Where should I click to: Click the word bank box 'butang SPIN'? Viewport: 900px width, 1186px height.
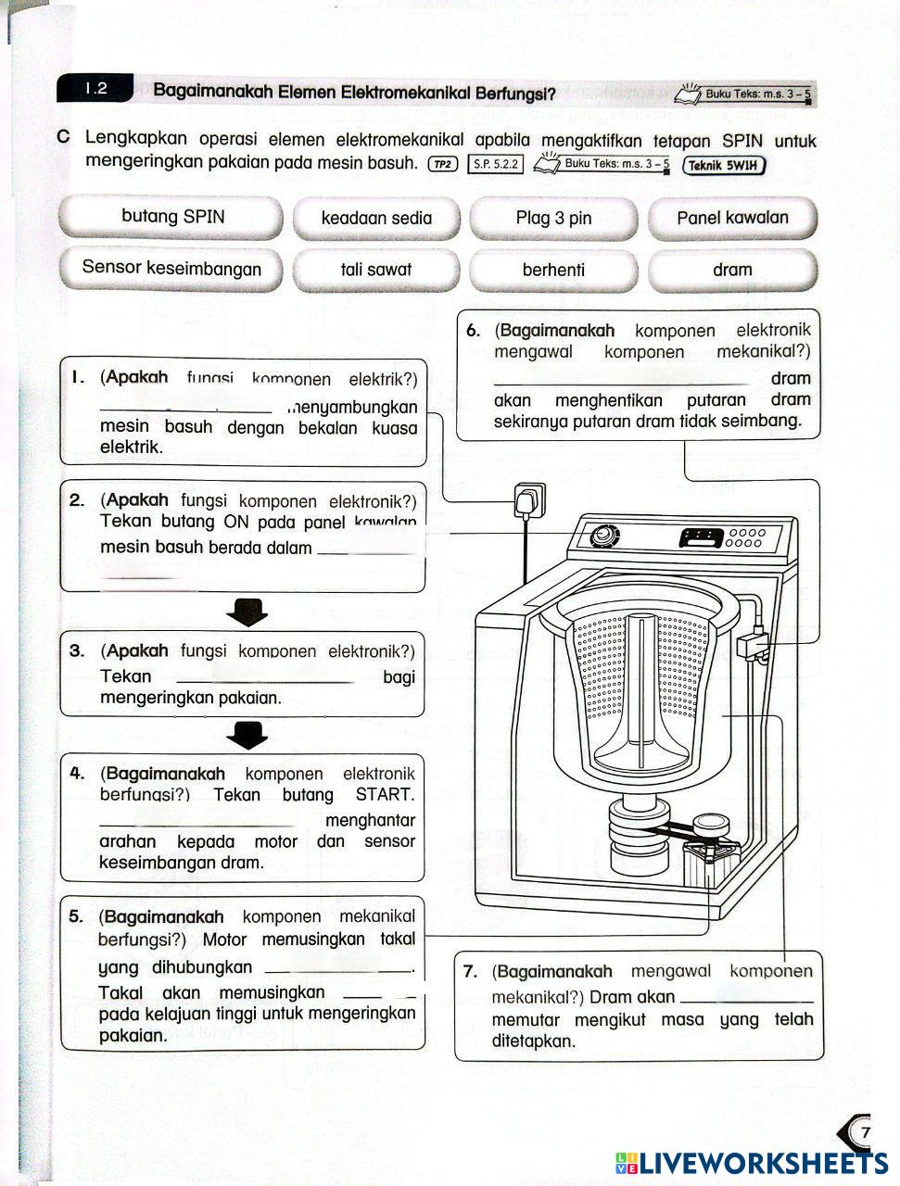click(171, 217)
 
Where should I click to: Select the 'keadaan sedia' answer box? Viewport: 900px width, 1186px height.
click(376, 219)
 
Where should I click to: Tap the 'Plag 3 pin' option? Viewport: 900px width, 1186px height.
click(553, 219)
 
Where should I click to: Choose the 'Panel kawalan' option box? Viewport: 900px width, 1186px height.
click(732, 219)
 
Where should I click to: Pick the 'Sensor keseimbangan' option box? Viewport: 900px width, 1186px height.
click(171, 269)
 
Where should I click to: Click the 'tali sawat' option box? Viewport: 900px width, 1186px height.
click(376, 271)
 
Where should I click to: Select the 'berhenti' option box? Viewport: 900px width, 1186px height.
click(553, 271)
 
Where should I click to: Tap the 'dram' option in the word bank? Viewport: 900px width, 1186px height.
click(732, 271)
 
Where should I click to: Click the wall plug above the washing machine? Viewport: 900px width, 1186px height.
click(529, 500)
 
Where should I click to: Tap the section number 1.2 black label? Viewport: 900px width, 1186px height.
click(95, 89)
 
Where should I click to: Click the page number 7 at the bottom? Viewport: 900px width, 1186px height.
click(865, 1132)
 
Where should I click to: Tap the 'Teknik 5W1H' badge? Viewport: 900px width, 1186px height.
click(724, 166)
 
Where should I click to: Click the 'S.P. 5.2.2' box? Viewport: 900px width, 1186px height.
click(495, 165)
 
